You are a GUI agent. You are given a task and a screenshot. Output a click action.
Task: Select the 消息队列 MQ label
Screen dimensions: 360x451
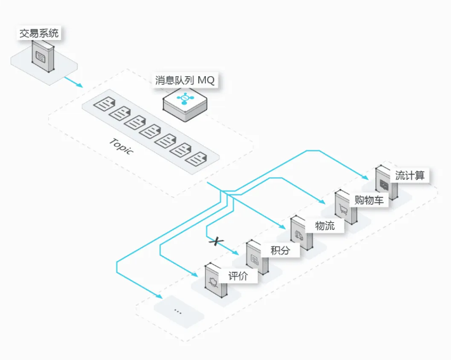coord(185,81)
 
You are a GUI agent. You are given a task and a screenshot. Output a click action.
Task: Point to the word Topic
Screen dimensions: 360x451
coord(121,147)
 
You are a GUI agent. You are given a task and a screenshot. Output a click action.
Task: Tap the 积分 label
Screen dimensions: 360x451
coord(280,250)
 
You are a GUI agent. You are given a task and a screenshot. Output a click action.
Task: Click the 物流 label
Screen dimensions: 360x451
coord(325,225)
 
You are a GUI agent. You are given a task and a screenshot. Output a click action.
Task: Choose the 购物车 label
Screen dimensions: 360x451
coord(368,201)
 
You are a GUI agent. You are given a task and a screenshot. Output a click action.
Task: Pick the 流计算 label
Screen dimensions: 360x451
coord(409,175)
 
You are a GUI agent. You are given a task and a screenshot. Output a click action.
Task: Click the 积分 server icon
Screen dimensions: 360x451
coord(255,257)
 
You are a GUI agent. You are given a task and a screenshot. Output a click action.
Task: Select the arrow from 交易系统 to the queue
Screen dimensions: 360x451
coord(73,81)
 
